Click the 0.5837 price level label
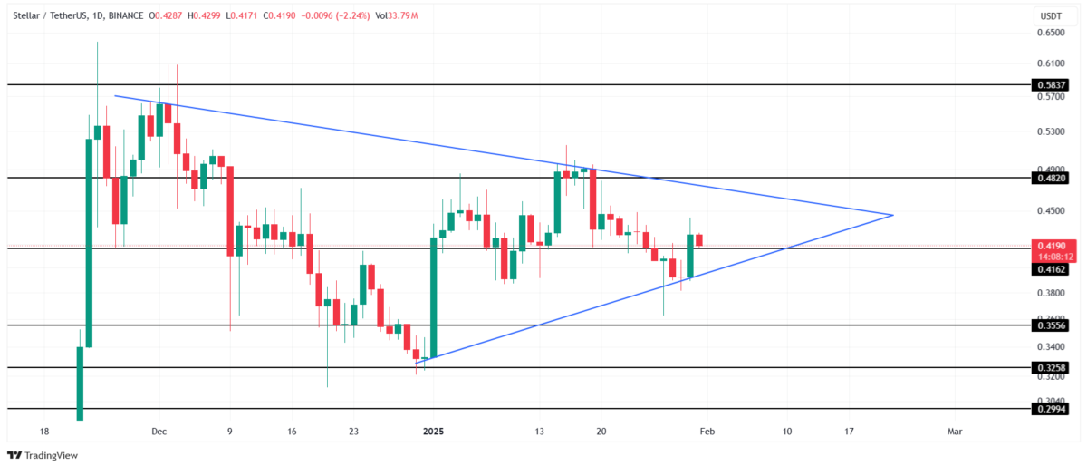(x=1050, y=84)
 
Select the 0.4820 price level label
(x=1050, y=179)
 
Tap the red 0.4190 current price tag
(x=1050, y=246)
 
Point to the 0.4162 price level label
(x=1050, y=269)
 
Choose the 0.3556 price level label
(x=1050, y=325)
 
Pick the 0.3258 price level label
(x=1050, y=368)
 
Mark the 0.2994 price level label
(x=1050, y=410)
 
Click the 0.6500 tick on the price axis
(x=1052, y=33)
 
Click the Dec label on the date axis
(x=159, y=432)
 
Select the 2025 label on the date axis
(x=433, y=432)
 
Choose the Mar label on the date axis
(x=955, y=432)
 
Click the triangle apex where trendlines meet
(x=894, y=215)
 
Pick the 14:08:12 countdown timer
(x=1050, y=257)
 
